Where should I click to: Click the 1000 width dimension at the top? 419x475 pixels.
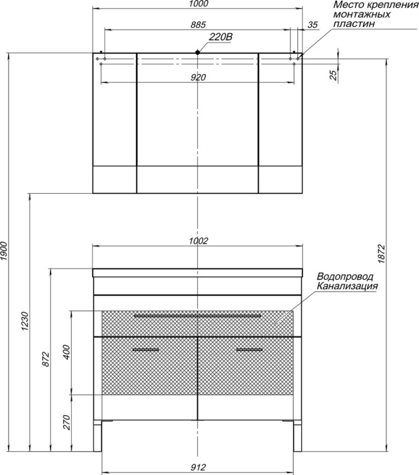tap(198, 4)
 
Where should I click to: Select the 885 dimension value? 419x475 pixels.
tap(198, 24)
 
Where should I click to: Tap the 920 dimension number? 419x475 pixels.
tap(198, 77)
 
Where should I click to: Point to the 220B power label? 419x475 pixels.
tap(221, 37)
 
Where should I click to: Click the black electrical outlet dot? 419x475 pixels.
tap(198, 52)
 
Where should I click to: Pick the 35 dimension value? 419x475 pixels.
tap(312, 25)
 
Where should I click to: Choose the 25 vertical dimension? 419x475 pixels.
tap(333, 75)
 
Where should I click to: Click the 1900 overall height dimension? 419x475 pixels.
tap(4, 251)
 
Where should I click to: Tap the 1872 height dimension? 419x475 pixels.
tap(382, 254)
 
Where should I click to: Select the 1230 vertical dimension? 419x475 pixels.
tap(25, 321)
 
